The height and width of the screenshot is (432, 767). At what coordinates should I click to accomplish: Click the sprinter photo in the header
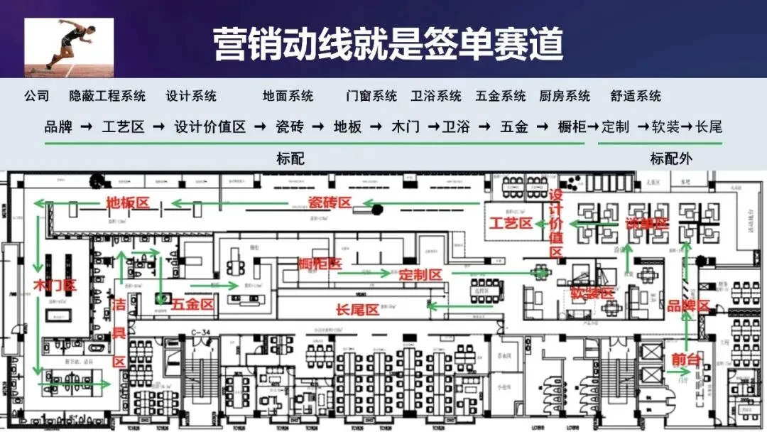tap(69, 48)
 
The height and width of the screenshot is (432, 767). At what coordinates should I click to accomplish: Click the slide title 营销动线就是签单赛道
tap(388, 44)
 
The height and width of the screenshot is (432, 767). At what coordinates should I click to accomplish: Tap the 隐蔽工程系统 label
tap(107, 96)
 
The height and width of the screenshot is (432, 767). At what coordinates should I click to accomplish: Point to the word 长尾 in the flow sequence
tap(708, 127)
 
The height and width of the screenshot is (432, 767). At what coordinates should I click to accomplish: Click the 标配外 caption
tap(670, 158)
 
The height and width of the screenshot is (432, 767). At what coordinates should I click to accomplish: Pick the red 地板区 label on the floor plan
tap(128, 203)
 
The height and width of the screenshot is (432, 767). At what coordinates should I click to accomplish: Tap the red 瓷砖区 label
tap(330, 203)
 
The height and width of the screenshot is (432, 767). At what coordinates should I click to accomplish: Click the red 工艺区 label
tap(511, 223)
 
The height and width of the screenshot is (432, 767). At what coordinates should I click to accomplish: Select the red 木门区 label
tap(55, 286)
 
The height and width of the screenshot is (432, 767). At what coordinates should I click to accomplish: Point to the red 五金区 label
tap(192, 304)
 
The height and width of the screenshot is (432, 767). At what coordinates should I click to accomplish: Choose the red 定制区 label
tap(420, 274)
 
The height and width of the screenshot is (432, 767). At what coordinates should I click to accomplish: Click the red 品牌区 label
tap(688, 306)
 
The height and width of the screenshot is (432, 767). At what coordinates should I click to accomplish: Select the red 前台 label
tap(685, 360)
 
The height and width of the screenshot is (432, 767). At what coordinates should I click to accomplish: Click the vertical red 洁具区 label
tap(119, 333)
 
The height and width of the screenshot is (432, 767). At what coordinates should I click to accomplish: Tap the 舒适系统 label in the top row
tap(636, 96)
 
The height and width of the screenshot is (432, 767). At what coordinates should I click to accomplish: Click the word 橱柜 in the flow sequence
tap(572, 127)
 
